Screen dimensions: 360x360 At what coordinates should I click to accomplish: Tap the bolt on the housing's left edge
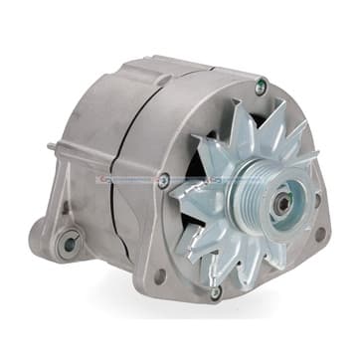[163, 181]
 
